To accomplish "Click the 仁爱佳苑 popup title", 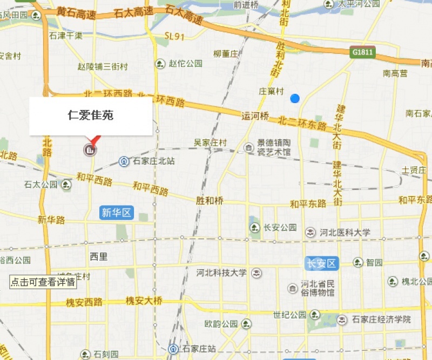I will click(91, 115).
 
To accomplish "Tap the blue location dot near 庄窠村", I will click(295, 98).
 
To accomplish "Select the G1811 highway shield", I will click(362, 52).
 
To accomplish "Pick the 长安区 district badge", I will click(321, 263).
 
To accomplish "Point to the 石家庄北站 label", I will click(154, 161).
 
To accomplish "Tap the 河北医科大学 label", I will click(345, 233).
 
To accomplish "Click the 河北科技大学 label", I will click(221, 273).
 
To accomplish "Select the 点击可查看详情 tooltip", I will click(43, 282).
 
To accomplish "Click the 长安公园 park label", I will click(280, 227).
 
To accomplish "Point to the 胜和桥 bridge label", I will click(210, 200).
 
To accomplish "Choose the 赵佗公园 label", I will click(185, 64).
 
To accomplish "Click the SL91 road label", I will click(175, 37).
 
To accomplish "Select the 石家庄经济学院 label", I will click(381, 320).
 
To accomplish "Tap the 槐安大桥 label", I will click(144, 301).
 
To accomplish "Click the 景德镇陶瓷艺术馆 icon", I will click(248, 147).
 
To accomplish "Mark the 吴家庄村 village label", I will click(210, 142).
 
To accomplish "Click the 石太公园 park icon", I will click(66, 185).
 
